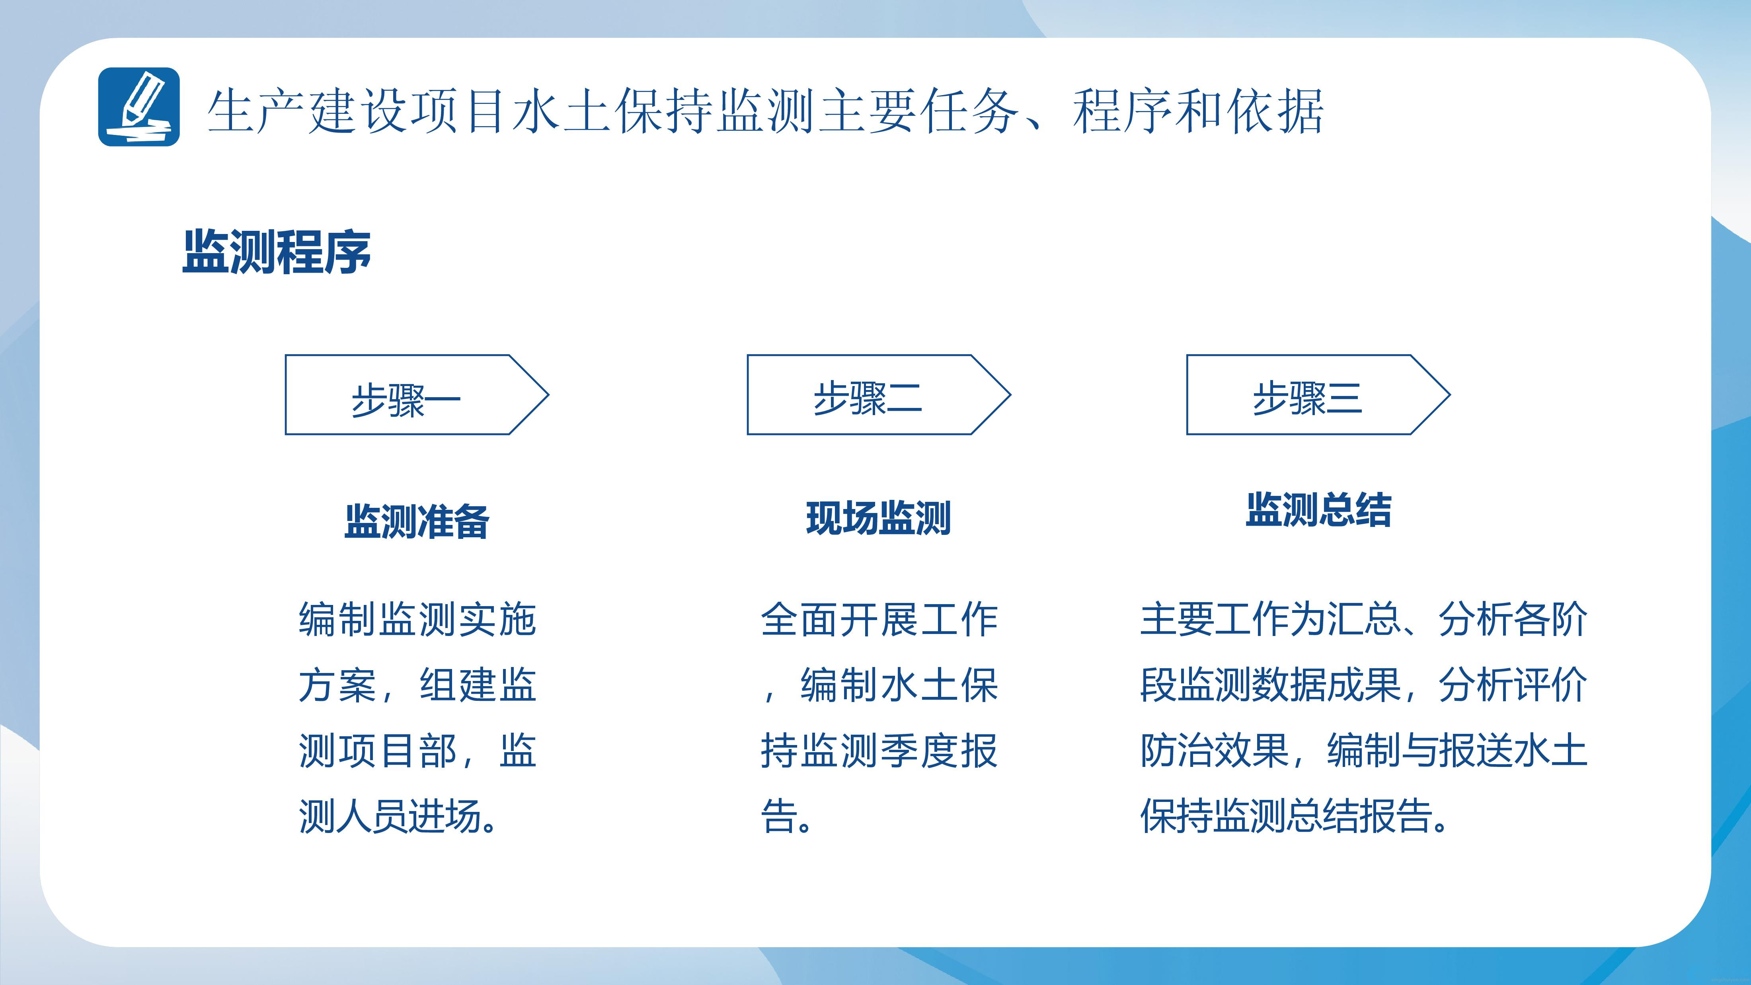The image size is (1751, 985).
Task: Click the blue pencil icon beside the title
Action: click(x=138, y=107)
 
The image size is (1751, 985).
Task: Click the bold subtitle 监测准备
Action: click(x=417, y=521)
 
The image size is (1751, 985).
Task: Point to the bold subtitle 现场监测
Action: click(x=878, y=518)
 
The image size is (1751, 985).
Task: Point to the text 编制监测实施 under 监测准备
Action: click(x=417, y=619)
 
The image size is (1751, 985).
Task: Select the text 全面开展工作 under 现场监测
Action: click(x=879, y=619)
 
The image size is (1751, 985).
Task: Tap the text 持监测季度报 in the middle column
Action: click(x=879, y=751)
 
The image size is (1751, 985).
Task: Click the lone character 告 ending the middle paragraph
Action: click(x=779, y=816)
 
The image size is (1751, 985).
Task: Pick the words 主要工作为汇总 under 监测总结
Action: click(x=1270, y=619)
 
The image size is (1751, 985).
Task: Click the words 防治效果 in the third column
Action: click(x=1214, y=751)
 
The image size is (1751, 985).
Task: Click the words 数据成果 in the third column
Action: click(x=1326, y=685)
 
